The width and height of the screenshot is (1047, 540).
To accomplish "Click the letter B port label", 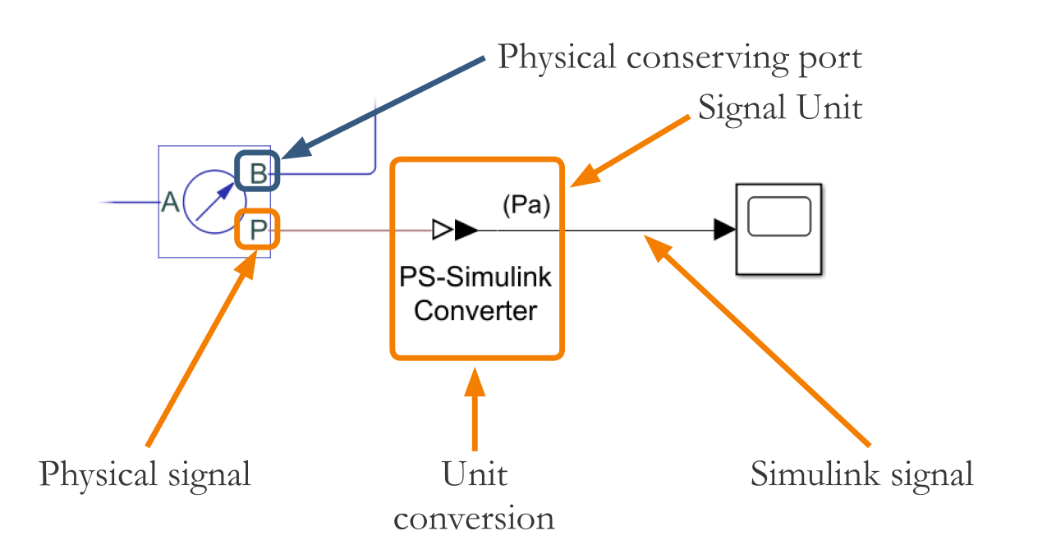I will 258,174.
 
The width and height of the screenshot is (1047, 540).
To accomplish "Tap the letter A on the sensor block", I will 170,202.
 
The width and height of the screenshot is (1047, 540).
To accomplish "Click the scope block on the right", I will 778,228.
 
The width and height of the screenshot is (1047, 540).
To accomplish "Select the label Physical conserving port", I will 680,57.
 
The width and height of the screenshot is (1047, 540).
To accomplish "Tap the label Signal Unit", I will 780,107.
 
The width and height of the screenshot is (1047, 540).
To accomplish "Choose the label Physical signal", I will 145,474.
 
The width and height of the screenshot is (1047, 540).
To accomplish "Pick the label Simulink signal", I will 861,474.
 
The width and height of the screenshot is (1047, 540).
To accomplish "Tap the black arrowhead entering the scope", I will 723,231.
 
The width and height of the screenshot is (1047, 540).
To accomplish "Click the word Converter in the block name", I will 475,311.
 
